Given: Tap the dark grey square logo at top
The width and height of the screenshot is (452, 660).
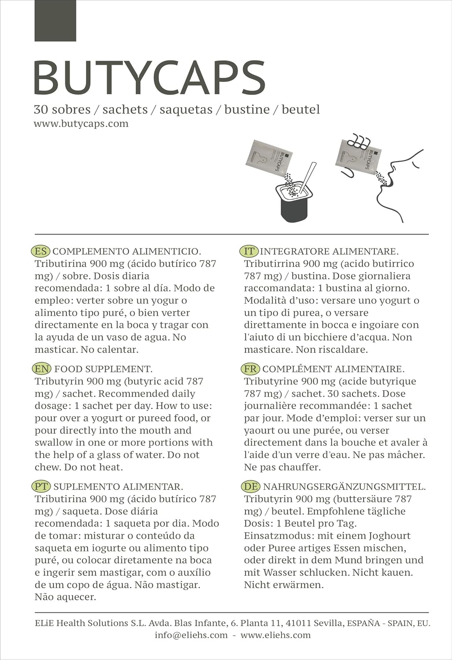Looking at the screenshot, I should pos(56,21).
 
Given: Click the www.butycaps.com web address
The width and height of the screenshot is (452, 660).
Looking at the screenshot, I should pos(81,124).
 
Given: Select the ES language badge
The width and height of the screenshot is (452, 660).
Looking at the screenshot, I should pos(41,251).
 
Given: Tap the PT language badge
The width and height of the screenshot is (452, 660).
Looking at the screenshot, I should pos(41,487).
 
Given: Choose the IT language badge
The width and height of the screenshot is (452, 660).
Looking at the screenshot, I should pos(249,251).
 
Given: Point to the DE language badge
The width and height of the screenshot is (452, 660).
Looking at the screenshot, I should pos(251,487).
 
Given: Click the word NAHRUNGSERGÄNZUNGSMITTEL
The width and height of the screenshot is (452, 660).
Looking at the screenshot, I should pos(344,487).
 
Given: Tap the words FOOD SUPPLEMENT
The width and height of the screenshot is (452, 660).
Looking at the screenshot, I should pos(104,369).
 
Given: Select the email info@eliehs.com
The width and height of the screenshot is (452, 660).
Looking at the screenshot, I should pos(191,635).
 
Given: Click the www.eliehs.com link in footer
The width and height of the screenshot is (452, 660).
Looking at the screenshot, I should pos(276,635).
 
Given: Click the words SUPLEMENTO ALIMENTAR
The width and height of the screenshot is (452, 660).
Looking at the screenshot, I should pos(118,487).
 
